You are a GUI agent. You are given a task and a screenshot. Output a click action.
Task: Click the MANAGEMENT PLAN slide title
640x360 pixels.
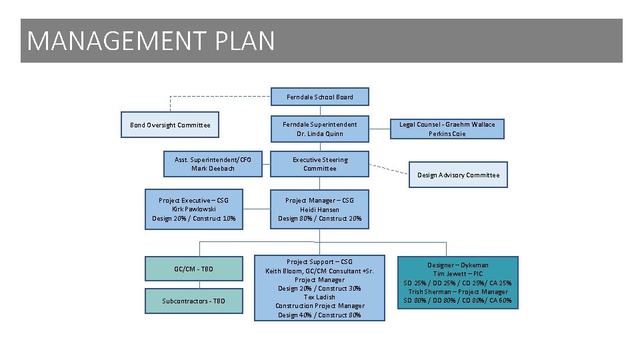[x=151, y=41]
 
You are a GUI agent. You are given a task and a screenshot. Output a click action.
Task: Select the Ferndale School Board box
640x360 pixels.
[x=320, y=97]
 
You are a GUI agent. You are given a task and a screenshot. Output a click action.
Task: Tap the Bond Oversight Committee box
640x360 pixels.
[x=170, y=125]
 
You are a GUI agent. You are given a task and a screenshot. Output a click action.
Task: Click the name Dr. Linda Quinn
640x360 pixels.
[x=320, y=133]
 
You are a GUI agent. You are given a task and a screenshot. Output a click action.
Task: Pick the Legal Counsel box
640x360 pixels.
[x=447, y=129]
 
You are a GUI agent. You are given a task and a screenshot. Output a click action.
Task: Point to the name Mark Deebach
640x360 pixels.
[x=213, y=168]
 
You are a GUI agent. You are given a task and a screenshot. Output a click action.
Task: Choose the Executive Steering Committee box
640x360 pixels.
[x=320, y=164]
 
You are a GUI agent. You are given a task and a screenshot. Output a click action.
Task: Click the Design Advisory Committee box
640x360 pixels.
[x=458, y=175]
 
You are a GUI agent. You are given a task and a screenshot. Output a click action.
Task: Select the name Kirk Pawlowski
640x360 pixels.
[x=194, y=209]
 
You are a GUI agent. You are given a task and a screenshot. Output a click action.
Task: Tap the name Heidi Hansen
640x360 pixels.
[x=320, y=209]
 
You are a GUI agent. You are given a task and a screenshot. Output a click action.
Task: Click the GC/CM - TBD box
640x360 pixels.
[x=194, y=269]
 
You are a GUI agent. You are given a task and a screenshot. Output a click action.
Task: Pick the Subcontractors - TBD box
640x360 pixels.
[x=194, y=301]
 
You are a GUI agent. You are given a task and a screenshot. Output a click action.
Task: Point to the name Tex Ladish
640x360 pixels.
[x=320, y=297]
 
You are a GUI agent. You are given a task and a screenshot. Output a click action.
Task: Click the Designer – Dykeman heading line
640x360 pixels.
[x=458, y=265]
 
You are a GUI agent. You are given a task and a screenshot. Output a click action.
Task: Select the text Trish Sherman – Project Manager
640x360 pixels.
[x=458, y=291]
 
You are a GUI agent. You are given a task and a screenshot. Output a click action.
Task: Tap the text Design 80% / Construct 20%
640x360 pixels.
[x=320, y=218]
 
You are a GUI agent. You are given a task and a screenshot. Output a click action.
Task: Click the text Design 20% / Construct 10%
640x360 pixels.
[x=194, y=218]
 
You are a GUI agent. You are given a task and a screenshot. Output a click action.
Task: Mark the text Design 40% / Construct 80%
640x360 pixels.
[x=320, y=315]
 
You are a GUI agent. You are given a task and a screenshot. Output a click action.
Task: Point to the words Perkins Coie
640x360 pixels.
[x=447, y=133]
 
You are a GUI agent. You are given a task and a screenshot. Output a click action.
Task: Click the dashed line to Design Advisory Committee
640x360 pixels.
[x=389, y=169]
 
